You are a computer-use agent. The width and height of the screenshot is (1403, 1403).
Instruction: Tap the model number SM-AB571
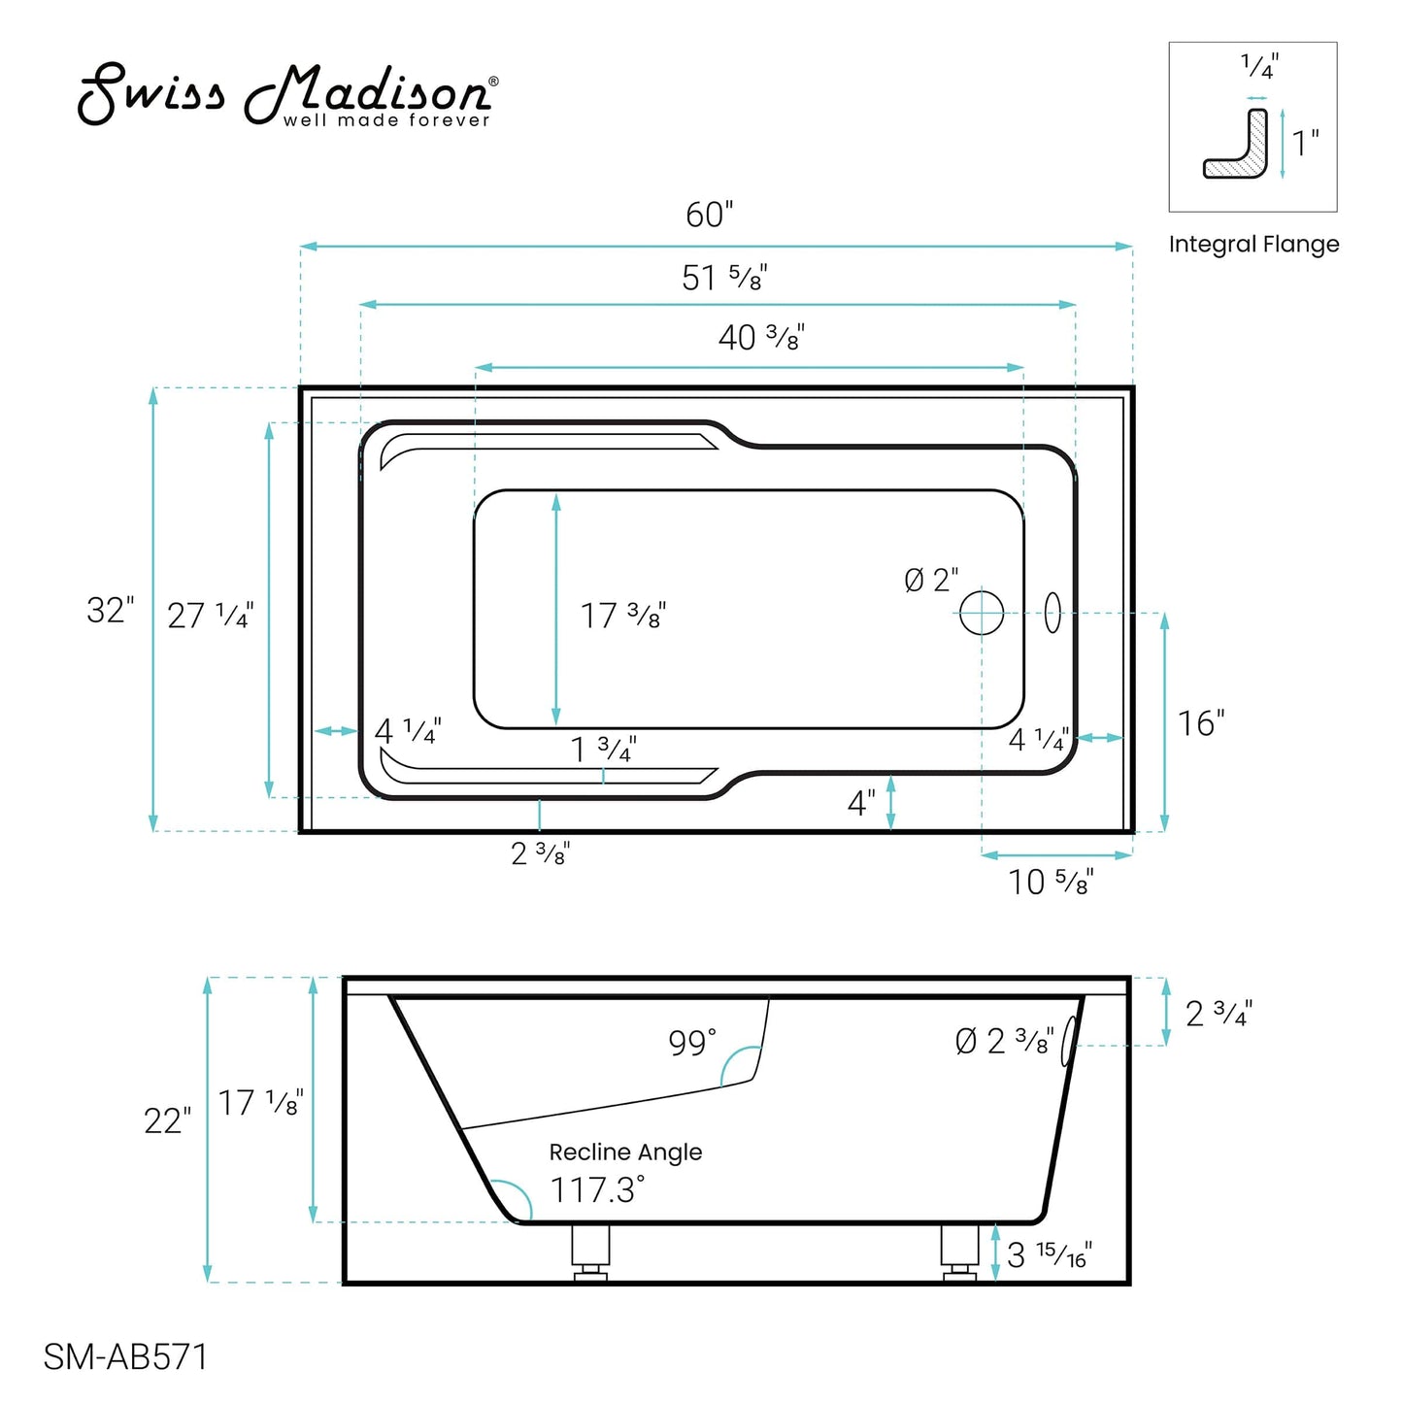(125, 1356)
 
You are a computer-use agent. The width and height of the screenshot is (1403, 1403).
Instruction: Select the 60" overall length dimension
(709, 215)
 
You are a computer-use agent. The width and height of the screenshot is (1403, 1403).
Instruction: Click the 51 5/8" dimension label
(723, 279)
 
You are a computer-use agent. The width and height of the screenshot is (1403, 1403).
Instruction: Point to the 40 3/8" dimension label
(760, 338)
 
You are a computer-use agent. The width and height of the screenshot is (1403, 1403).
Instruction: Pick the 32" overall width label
(110, 611)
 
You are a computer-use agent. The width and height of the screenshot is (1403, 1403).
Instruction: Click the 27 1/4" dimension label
(210, 616)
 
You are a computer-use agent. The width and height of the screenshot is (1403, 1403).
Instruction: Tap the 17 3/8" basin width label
(622, 616)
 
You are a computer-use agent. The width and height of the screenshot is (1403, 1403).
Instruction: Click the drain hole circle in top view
(982, 613)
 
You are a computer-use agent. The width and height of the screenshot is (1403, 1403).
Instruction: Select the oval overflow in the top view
(1052, 613)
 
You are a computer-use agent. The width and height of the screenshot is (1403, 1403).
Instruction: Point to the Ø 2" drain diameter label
(931, 581)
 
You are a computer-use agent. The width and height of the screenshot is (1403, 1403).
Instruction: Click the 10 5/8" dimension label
(1051, 883)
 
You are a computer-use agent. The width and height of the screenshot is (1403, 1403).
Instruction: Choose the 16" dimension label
(1200, 723)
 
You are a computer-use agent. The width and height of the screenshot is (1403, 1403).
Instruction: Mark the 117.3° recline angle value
(597, 1189)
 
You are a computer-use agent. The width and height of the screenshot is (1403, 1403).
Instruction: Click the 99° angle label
(691, 1043)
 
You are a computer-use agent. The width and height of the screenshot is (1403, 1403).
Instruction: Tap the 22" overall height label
(167, 1121)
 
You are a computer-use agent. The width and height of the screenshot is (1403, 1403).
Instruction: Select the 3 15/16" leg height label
(1049, 1255)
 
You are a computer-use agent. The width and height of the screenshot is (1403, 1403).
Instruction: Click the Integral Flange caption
(1253, 245)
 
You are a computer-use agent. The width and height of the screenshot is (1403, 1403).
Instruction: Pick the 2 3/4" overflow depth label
(1219, 1014)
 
